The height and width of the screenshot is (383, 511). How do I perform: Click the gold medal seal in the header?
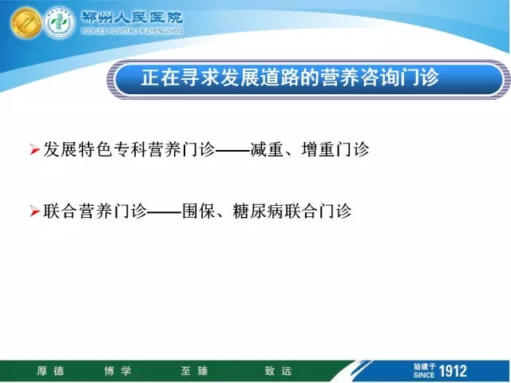click(26, 23)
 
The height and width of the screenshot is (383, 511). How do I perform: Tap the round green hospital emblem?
click(59, 23)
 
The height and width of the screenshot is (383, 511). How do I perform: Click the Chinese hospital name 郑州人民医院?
click(132, 18)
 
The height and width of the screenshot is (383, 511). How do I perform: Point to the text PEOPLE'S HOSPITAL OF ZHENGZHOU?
click(132, 31)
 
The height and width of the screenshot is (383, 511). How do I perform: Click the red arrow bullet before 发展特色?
click(34, 150)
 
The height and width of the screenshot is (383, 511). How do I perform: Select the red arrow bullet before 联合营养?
click(34, 211)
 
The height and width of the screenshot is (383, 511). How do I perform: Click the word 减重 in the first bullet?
click(267, 150)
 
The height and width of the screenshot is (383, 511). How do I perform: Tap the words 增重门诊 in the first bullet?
click(335, 150)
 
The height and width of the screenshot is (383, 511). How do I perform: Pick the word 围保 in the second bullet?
click(199, 211)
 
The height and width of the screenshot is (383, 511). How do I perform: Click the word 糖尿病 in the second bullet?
click(258, 211)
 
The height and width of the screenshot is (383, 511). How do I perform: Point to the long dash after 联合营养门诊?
click(164, 212)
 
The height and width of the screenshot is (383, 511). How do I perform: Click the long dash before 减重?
click(233, 151)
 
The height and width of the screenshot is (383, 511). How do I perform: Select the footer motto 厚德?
click(50, 371)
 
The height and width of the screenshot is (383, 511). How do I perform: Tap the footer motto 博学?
click(117, 371)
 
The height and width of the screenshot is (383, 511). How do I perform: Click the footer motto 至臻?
click(194, 371)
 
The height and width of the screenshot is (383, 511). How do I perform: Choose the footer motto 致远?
click(278, 371)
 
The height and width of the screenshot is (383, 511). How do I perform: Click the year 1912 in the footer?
click(453, 371)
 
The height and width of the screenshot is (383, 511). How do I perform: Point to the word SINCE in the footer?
click(424, 375)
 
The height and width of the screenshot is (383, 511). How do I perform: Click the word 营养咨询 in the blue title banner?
click(361, 78)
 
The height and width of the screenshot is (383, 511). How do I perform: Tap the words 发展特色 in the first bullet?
click(78, 150)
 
